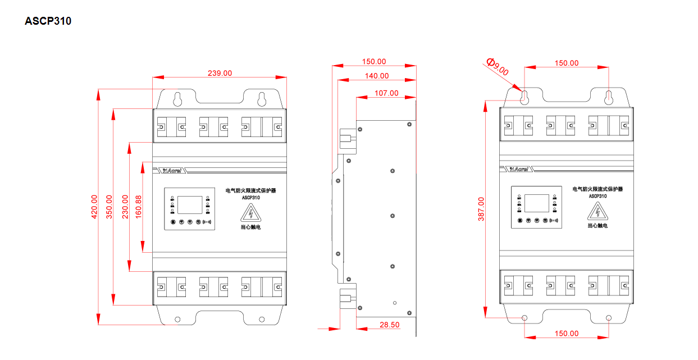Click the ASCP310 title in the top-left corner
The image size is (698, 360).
pos(48,21)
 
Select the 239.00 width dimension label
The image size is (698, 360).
pos(220,73)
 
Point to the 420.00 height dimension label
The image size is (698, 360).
pos(94,207)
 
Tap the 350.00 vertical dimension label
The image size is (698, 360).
pos(109,207)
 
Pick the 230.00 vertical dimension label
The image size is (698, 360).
pos(125,207)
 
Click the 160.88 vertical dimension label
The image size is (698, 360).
pos(138,207)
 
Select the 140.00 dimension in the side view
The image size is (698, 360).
pos(377,76)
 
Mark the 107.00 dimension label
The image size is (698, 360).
pos(386,93)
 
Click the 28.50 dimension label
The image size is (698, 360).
pos(390,325)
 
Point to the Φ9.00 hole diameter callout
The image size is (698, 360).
pos(498,66)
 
